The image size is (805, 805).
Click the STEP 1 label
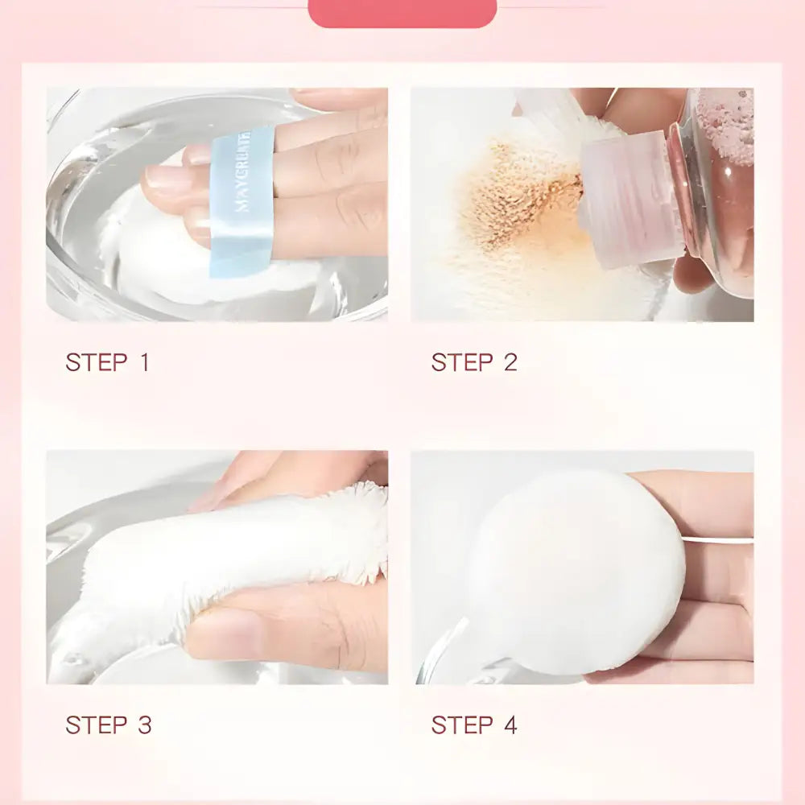[x=107, y=362]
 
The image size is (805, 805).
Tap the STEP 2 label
[x=473, y=362]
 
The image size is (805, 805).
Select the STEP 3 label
[x=108, y=724]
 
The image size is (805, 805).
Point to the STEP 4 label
[x=473, y=724]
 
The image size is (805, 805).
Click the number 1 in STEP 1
[x=144, y=362]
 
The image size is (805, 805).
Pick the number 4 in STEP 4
[x=510, y=724]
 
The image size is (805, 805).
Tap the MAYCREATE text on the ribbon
[x=245, y=173]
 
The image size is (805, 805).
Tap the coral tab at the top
[x=402, y=12]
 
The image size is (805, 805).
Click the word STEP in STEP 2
[x=461, y=362]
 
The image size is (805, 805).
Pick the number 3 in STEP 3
[x=143, y=724]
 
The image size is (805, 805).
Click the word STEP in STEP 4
[x=461, y=724]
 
